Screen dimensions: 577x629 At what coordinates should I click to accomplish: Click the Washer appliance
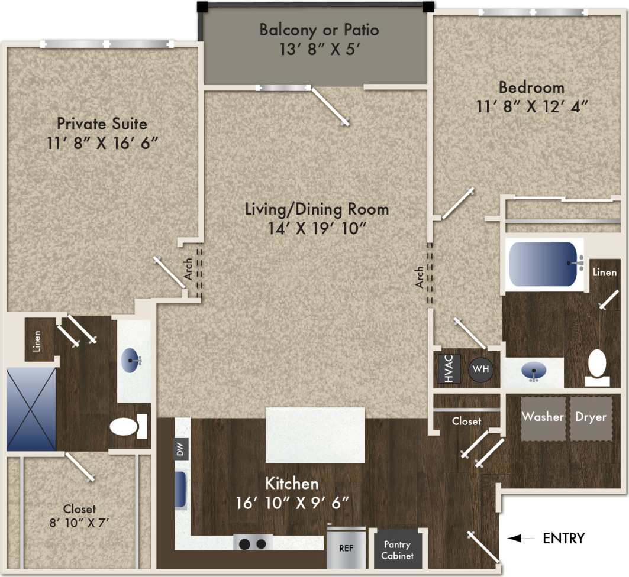(x=543, y=418)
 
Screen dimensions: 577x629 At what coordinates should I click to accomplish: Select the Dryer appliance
(x=591, y=418)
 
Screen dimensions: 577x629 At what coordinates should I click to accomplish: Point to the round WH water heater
(x=481, y=369)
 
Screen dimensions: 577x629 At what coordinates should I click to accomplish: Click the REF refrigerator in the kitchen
(x=346, y=547)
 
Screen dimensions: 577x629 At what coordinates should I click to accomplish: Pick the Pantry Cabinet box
(x=397, y=549)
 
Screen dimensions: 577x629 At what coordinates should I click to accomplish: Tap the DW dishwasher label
(x=181, y=450)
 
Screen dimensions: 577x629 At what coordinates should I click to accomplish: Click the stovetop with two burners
(x=253, y=542)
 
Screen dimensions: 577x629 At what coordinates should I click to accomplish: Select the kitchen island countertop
(x=315, y=435)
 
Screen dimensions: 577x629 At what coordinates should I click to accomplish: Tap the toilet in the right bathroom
(x=598, y=364)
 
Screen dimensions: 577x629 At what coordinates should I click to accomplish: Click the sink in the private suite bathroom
(x=132, y=359)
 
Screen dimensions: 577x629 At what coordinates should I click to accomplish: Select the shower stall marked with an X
(x=31, y=409)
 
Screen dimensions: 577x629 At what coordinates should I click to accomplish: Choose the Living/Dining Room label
(x=317, y=209)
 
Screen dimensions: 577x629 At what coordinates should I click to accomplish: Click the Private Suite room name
(x=102, y=124)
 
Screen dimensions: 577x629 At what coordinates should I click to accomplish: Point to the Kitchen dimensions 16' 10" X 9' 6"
(x=292, y=503)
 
